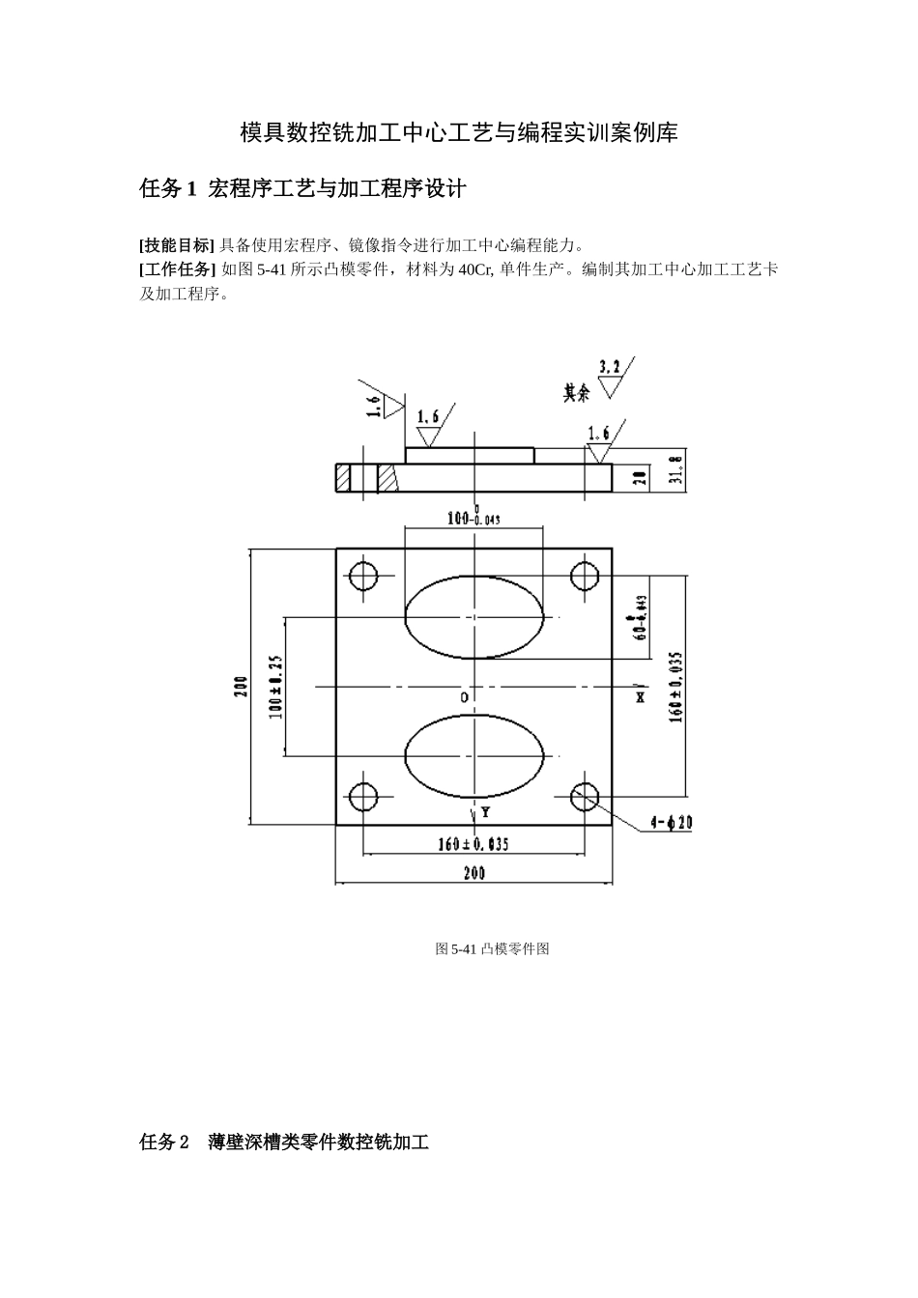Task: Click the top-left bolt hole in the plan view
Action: pos(363,577)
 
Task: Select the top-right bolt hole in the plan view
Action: pos(585,577)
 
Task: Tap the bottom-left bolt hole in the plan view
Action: pos(363,797)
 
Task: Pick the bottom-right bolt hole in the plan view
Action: pos(585,797)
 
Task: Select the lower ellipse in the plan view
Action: pos(473,755)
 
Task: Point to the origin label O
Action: pos(464,696)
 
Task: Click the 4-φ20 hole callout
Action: pos(672,823)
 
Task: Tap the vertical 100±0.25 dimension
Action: pos(274,687)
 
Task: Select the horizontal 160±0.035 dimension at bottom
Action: pos(473,844)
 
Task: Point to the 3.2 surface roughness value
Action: pos(610,366)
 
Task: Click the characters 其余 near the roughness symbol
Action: pos(577,393)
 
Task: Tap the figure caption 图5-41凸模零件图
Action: pos(492,949)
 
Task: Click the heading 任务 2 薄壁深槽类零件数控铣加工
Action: pos(284,1143)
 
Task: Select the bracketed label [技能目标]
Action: pos(177,243)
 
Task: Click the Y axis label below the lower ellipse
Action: pos(484,812)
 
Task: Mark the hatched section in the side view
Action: pos(387,478)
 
